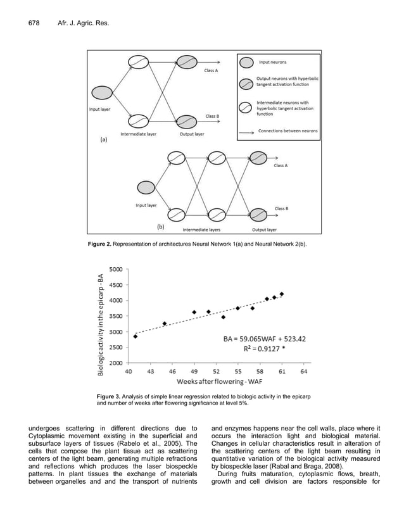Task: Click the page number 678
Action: [34, 23]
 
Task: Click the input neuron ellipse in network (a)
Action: [102, 92]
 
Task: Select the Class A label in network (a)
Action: [211, 70]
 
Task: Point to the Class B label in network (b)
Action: [281, 208]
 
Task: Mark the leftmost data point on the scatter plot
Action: [136, 336]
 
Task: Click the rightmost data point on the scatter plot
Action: [282, 294]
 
